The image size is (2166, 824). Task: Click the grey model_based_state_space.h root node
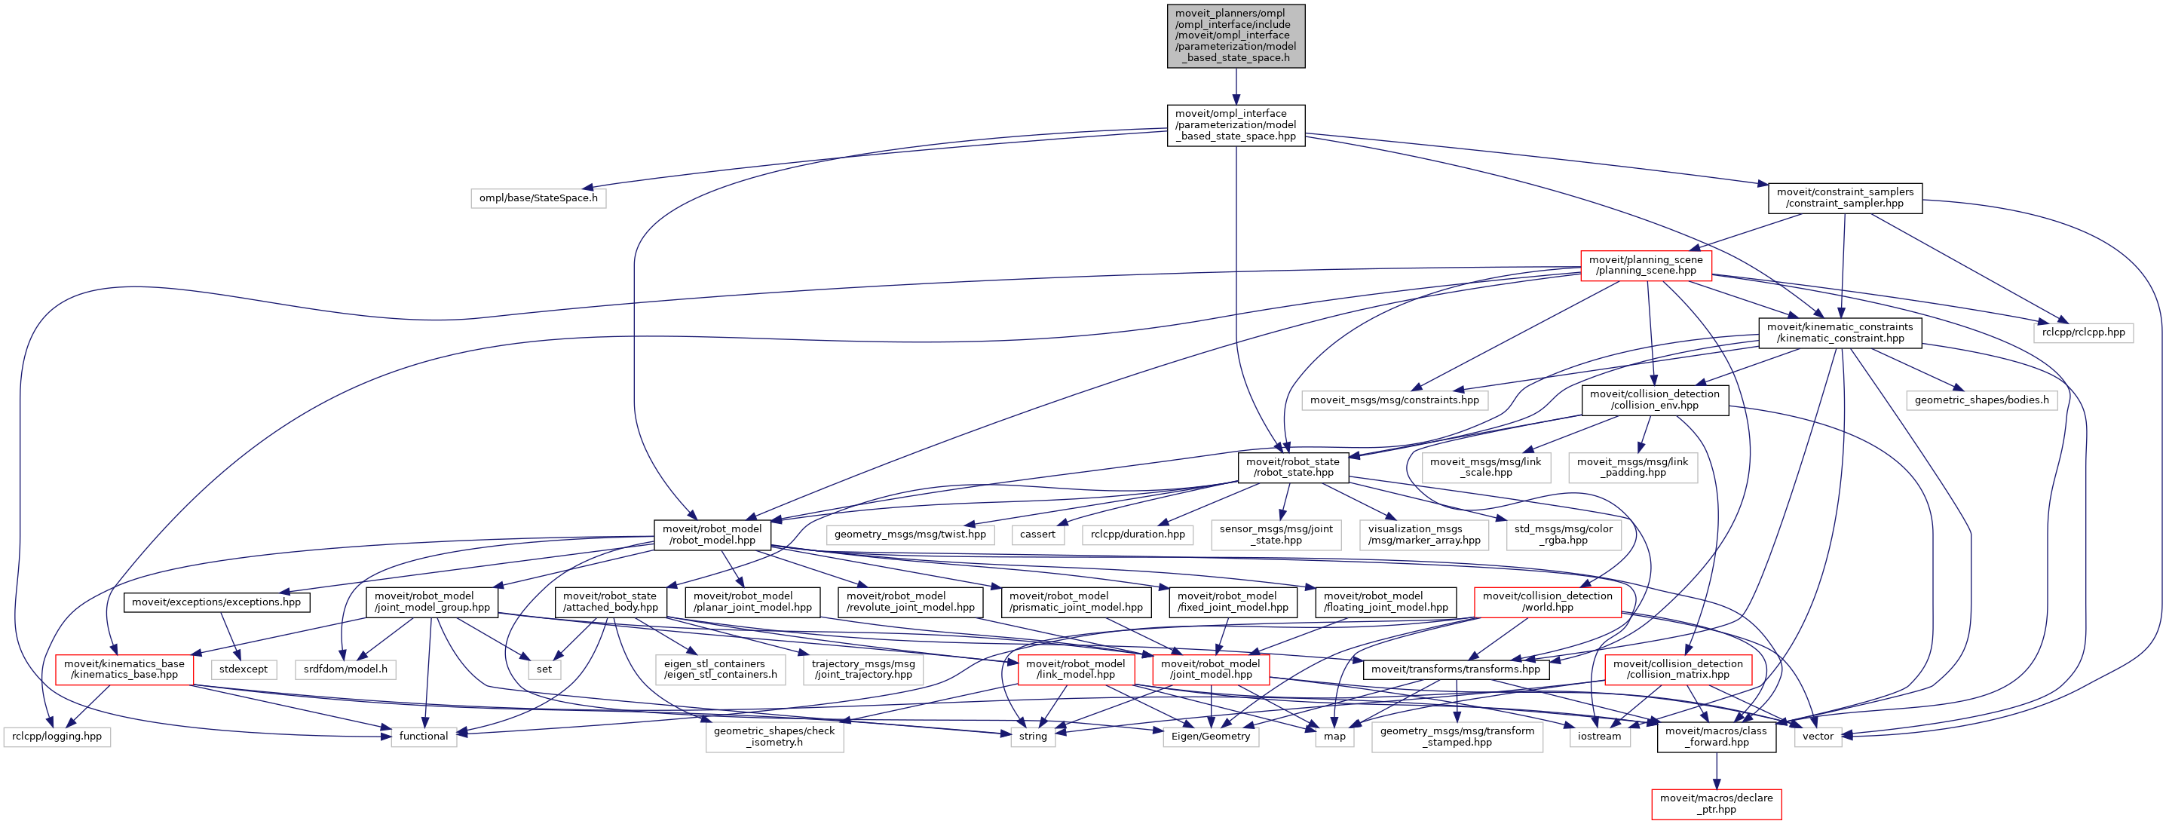pyautogui.click(x=1235, y=35)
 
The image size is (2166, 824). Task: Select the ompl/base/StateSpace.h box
pyautogui.click(x=538, y=198)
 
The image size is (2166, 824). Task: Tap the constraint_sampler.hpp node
pyautogui.click(x=1845, y=198)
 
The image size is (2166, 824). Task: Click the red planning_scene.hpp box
pyautogui.click(x=1646, y=265)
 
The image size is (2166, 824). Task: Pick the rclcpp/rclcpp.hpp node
pyautogui.click(x=2083, y=332)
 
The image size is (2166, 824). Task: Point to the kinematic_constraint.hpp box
pyautogui.click(x=1840, y=332)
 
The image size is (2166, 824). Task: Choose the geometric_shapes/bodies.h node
pyautogui.click(x=1981, y=400)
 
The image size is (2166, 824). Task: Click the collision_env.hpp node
pyautogui.click(x=1654, y=400)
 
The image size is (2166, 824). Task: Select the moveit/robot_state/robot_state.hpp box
pyautogui.click(x=1292, y=467)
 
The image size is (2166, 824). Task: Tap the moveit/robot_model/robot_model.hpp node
pyautogui.click(x=712, y=535)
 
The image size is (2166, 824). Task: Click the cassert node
pyautogui.click(x=1037, y=535)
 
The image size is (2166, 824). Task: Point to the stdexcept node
pyautogui.click(x=243, y=669)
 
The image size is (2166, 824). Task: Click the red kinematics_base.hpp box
pyautogui.click(x=124, y=669)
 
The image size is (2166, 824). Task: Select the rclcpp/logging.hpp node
pyautogui.click(x=57, y=737)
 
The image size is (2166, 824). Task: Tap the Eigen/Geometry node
pyautogui.click(x=1210, y=737)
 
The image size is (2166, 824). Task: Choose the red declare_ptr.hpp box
pyautogui.click(x=1715, y=804)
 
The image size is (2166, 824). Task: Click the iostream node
pyautogui.click(x=1598, y=737)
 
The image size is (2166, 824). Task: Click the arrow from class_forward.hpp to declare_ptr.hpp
pyautogui.click(x=1716, y=770)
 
